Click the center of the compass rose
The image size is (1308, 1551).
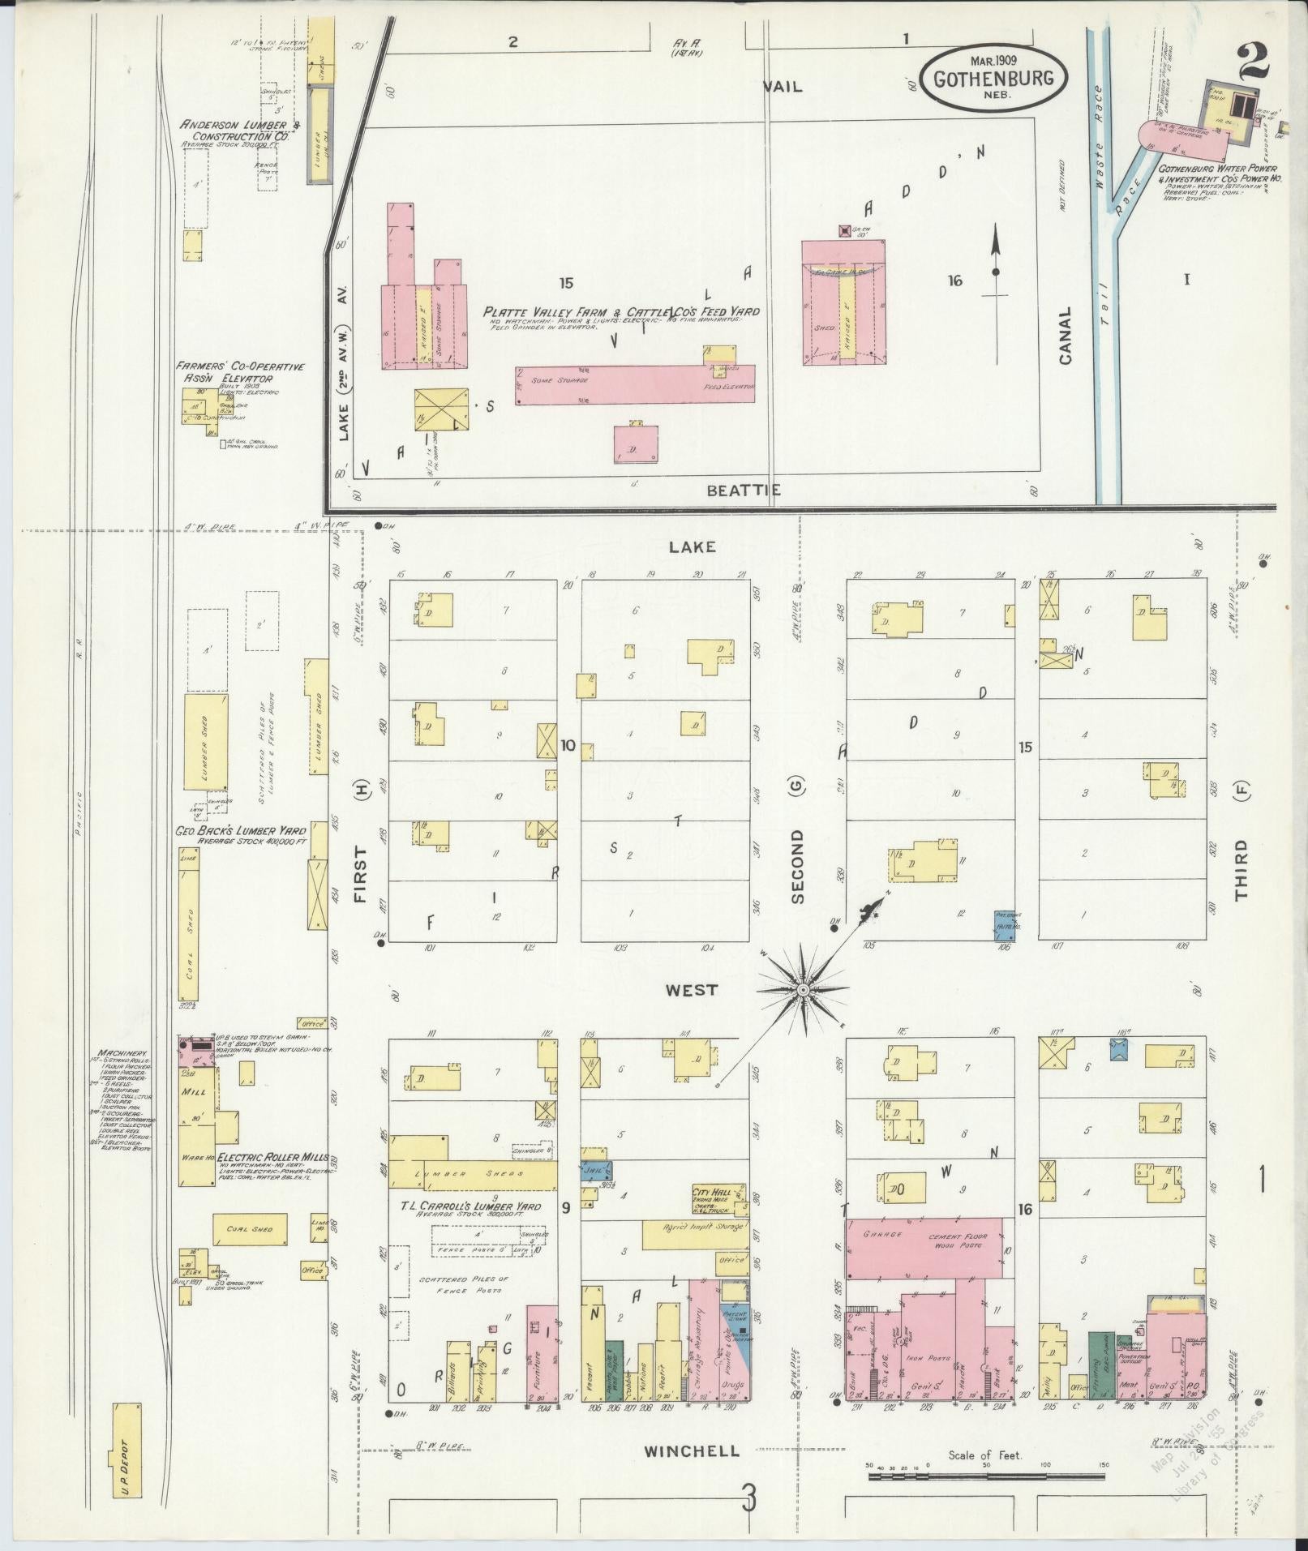(x=802, y=990)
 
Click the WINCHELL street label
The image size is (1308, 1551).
(x=692, y=1451)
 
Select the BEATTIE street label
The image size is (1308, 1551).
(x=743, y=490)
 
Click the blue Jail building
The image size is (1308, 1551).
(x=596, y=1171)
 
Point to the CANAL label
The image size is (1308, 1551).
(x=1066, y=335)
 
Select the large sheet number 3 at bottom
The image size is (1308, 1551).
(x=748, y=1497)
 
